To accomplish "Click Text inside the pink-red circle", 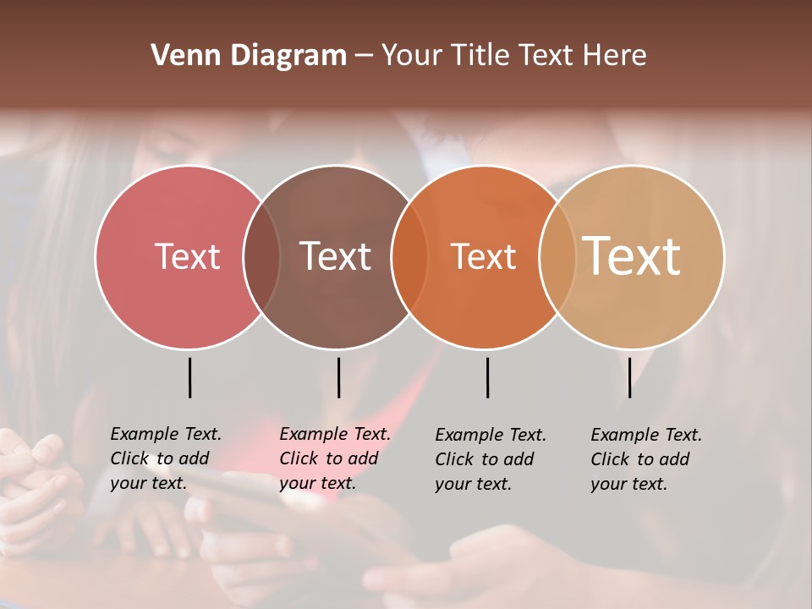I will (x=187, y=256).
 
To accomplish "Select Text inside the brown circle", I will (x=336, y=256).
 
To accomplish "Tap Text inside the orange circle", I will (x=483, y=256).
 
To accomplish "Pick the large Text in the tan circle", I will (x=632, y=255).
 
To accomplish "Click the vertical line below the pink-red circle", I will (x=189, y=377).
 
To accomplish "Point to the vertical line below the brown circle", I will (x=338, y=377).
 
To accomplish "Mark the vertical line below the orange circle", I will (x=487, y=377).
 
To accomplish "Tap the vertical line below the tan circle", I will (x=629, y=377).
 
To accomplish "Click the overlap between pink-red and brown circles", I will (x=261, y=256).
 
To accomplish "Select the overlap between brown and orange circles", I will (x=409, y=256).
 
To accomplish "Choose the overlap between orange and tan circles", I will (x=557, y=256).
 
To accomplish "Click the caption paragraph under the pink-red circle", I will (x=166, y=458).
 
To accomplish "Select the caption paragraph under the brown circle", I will (x=335, y=458).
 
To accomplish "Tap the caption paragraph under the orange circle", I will (x=491, y=459).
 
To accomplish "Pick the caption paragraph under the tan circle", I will (x=646, y=459).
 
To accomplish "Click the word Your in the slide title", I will (x=413, y=56).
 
